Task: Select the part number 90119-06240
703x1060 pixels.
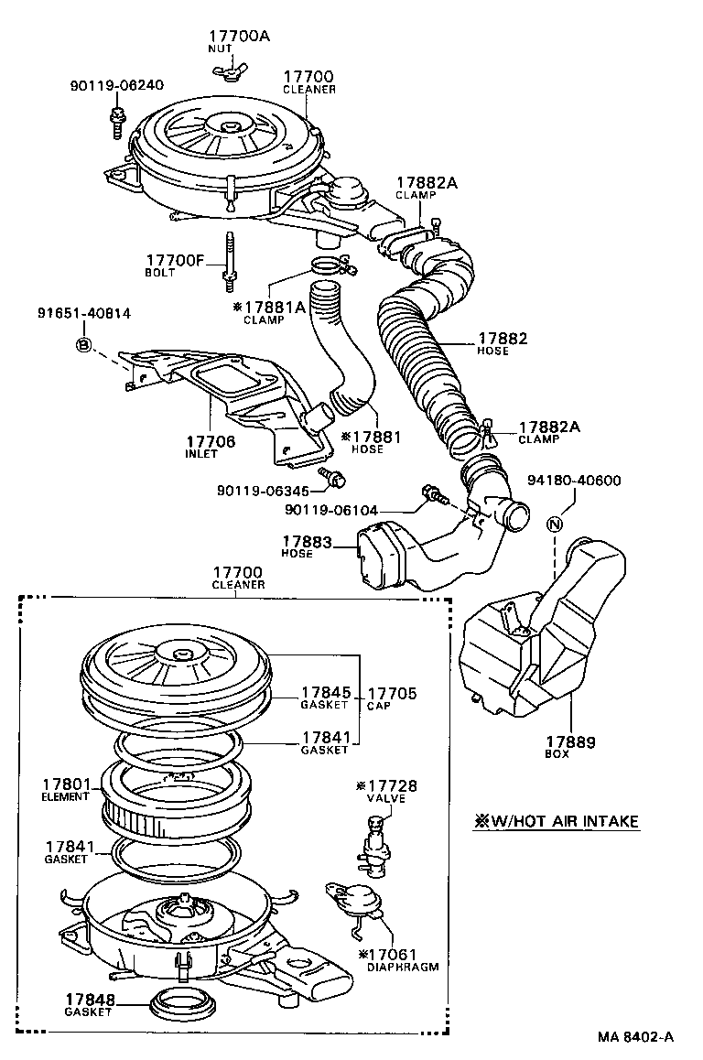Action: pos(116,86)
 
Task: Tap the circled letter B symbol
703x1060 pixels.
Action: pos(84,344)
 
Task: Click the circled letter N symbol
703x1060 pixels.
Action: pos(554,525)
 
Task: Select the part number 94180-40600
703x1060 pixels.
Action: pos(573,481)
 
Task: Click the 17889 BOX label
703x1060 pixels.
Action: pos(570,747)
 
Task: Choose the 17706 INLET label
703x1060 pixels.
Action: pos(211,448)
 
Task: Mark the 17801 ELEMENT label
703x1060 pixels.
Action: pos(66,790)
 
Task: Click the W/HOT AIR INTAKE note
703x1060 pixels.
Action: pos(556,821)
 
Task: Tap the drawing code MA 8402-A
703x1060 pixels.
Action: pos(636,1037)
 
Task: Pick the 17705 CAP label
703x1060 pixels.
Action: pos(391,698)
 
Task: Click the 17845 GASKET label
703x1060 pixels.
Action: pos(325,698)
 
